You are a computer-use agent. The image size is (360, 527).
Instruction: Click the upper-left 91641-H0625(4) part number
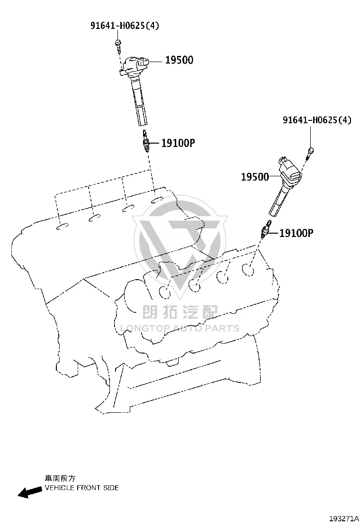(125, 25)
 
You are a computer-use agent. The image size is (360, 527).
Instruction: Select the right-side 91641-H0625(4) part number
(317, 119)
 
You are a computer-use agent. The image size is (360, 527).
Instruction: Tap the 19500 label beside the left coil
(180, 60)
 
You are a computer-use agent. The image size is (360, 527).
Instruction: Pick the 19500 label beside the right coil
(255, 177)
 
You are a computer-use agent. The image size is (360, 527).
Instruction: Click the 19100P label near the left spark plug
(178, 143)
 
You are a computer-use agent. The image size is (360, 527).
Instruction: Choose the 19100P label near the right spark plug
(296, 233)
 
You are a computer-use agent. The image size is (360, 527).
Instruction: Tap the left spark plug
(145, 141)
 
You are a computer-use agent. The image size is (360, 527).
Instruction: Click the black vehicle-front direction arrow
(30, 492)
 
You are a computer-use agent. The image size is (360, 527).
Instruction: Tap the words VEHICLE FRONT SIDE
(81, 488)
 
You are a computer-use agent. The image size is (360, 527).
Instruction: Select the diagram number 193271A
(344, 518)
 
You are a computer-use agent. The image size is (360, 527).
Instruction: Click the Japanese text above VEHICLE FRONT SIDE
(60, 478)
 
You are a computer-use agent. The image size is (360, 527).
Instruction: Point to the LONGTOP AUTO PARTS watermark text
(180, 328)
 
